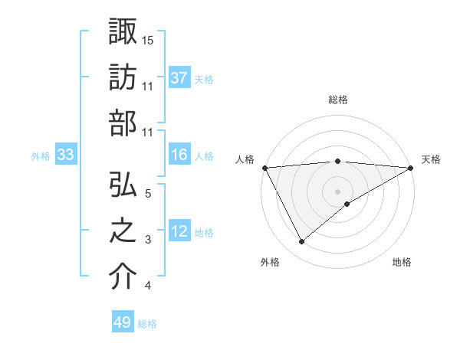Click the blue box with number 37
click(x=179, y=77)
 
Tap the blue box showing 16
click(x=179, y=155)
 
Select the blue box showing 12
click(x=179, y=232)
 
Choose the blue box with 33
click(x=65, y=155)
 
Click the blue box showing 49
click(x=123, y=322)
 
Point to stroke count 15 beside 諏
click(x=148, y=39)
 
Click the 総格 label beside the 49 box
click(x=147, y=324)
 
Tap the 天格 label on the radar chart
click(x=431, y=159)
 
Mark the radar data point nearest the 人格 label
click(x=264, y=167)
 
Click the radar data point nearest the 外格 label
click(x=301, y=241)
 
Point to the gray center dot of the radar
click(x=337, y=191)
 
